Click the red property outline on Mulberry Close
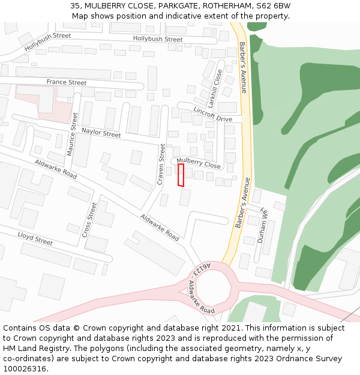(181, 175)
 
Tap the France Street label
(67, 82)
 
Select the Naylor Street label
(101, 133)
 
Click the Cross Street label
(89, 219)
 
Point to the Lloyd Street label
(35, 239)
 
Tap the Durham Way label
(262, 226)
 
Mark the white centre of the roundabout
(214, 290)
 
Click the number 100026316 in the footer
(23, 369)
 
